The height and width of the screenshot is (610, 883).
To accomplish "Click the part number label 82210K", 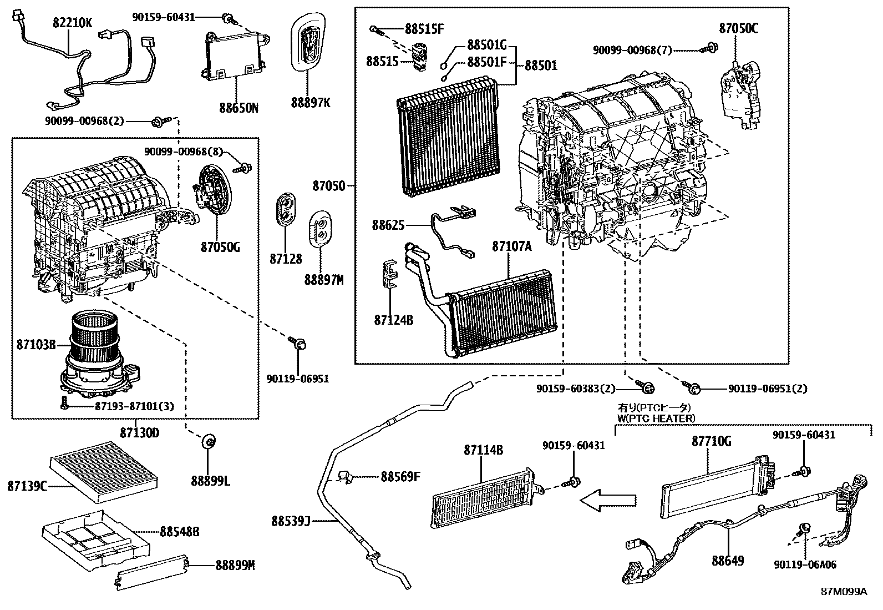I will [x=73, y=23].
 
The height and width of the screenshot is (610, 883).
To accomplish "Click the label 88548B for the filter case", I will [x=179, y=532].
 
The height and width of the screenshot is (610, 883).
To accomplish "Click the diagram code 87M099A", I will [x=844, y=591].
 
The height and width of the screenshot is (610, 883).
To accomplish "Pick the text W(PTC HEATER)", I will [x=656, y=418].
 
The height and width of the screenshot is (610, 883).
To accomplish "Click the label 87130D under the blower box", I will [x=140, y=432].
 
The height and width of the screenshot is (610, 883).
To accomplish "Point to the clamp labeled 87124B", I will [x=391, y=274].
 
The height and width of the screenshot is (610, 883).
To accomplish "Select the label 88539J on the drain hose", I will [x=290, y=521].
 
